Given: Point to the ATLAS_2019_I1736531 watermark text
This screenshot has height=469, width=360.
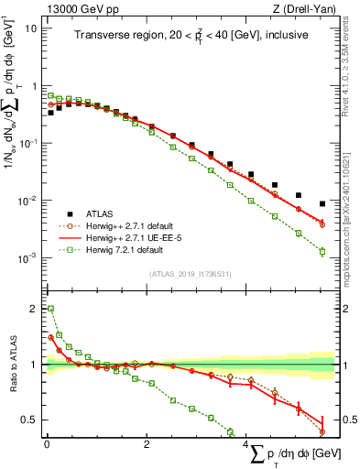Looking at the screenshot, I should point(190,274).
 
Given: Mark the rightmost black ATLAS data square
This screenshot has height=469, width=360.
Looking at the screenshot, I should point(322,203).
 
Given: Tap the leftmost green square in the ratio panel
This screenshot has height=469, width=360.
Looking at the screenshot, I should point(50,309).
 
